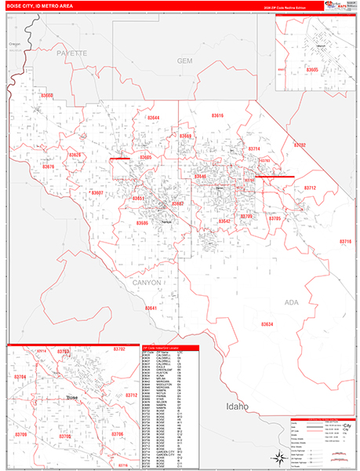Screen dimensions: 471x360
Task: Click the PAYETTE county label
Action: click(x=71, y=53)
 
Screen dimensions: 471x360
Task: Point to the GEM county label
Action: click(x=184, y=60)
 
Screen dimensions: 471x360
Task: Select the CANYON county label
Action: click(x=147, y=282)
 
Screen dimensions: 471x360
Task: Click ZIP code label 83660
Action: click(x=46, y=96)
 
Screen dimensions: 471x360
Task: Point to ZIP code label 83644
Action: click(x=151, y=118)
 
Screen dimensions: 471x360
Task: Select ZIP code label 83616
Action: click(x=216, y=115)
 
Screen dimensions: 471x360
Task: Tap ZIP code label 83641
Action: click(x=151, y=308)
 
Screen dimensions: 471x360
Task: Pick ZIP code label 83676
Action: click(x=49, y=166)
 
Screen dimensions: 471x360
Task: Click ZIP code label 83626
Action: click(x=74, y=155)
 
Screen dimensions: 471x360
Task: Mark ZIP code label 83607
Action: click(x=96, y=192)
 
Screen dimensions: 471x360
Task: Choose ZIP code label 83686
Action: click(x=142, y=223)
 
